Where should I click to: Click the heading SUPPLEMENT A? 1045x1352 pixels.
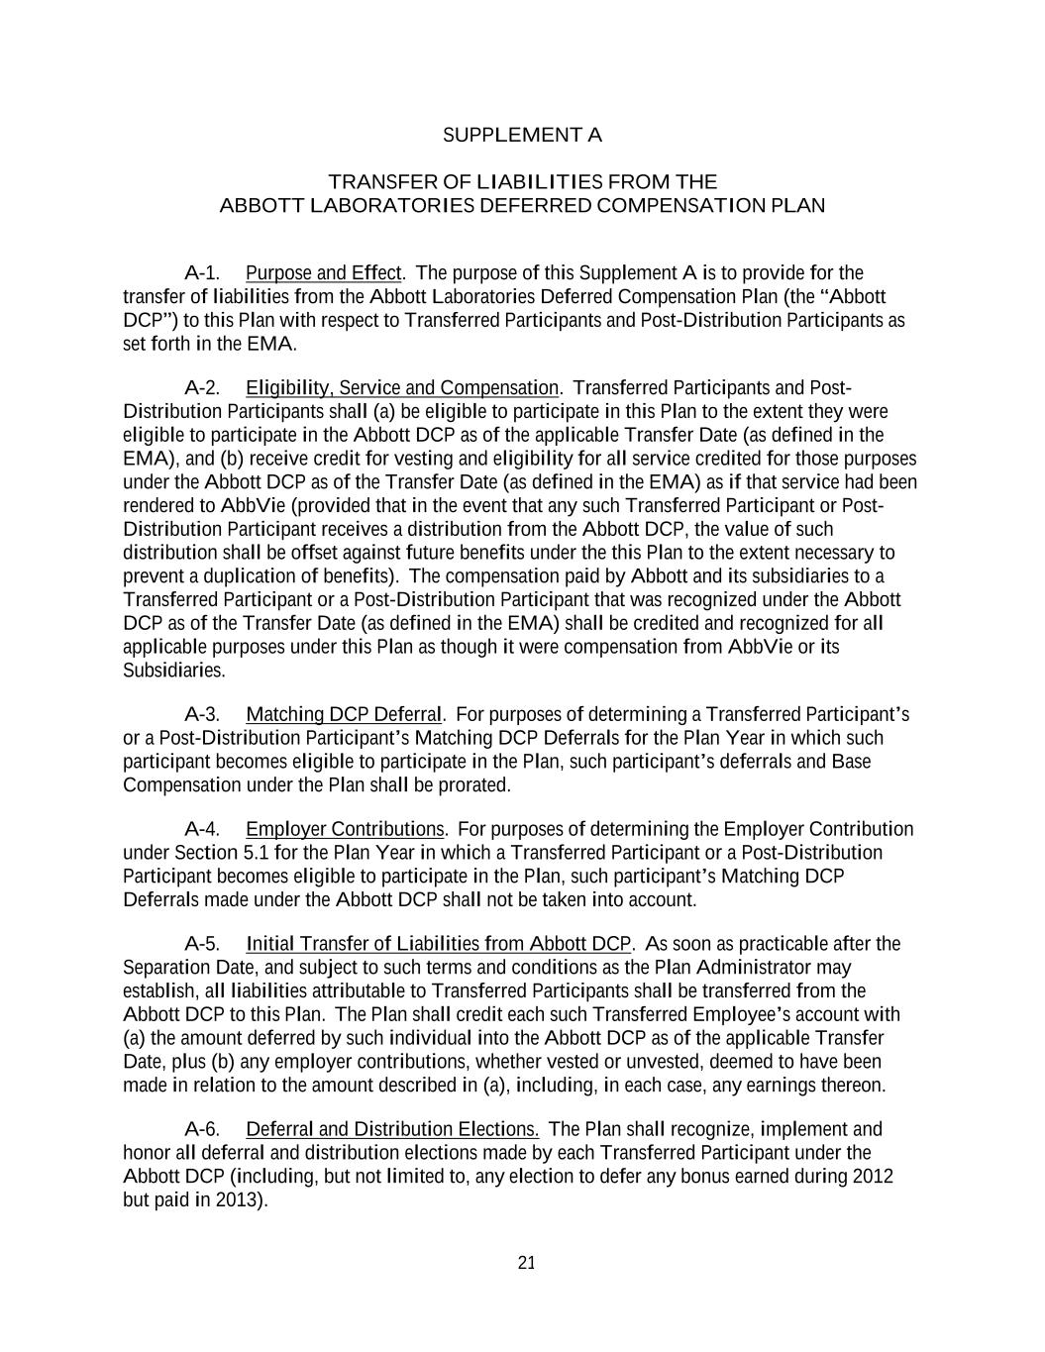coord(522,135)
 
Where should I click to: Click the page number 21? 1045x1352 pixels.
coord(526,1262)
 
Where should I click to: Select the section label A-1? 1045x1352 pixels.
coord(202,272)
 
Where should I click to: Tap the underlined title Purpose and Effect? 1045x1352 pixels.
coord(323,272)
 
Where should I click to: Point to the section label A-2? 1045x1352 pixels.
coord(202,387)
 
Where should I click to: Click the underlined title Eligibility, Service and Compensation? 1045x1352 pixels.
coord(402,387)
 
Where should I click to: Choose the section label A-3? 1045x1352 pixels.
coord(202,714)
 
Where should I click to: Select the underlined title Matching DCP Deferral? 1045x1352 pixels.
coord(344,714)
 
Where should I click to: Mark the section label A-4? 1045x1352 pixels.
coord(202,829)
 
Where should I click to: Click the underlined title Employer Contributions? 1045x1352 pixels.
coord(346,829)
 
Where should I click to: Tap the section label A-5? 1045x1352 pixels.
coord(202,943)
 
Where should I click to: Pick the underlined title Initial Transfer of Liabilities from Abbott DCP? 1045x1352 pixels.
coord(438,943)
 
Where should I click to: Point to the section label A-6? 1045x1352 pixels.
coord(202,1129)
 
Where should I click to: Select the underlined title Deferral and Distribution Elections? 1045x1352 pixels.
coord(392,1129)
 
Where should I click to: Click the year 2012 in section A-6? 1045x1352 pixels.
coord(873,1177)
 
